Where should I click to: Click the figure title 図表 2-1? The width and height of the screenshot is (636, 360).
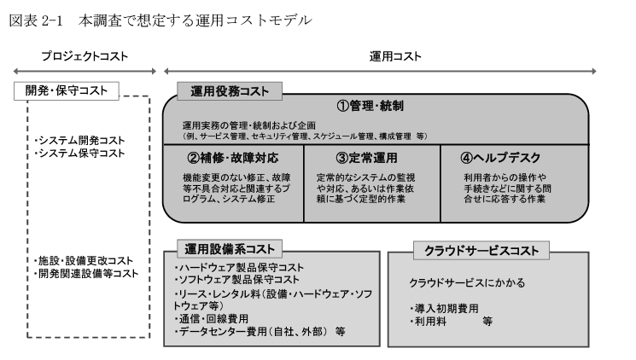(x=36, y=20)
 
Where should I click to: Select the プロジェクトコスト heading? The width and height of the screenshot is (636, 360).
(x=85, y=56)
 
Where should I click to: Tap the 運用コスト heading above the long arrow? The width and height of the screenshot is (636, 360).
(x=395, y=56)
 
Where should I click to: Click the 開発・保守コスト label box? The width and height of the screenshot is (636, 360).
(x=67, y=90)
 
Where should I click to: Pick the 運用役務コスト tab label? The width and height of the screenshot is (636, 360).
(x=230, y=91)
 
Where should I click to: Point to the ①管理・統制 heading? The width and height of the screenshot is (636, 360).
(x=370, y=107)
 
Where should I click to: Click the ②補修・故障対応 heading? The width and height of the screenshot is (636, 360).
(x=233, y=158)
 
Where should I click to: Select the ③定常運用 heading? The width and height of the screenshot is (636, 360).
(x=367, y=158)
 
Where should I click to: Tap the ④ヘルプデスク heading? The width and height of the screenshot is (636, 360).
(x=500, y=158)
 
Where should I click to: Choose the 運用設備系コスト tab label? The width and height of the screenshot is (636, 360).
(x=230, y=249)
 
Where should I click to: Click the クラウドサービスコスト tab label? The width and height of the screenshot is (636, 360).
(x=481, y=251)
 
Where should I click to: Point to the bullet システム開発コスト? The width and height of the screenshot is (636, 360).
(x=79, y=141)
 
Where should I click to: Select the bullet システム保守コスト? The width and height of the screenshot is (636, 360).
(x=79, y=154)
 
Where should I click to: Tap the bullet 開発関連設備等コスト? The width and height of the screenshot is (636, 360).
(x=86, y=274)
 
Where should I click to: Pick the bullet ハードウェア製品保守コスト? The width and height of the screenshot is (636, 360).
(x=239, y=268)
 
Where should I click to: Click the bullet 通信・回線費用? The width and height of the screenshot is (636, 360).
(x=211, y=319)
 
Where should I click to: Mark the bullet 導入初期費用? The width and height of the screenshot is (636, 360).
(x=444, y=309)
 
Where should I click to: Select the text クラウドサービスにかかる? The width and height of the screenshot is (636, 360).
(x=467, y=282)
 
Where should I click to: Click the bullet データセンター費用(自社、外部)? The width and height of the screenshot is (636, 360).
(x=251, y=332)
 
